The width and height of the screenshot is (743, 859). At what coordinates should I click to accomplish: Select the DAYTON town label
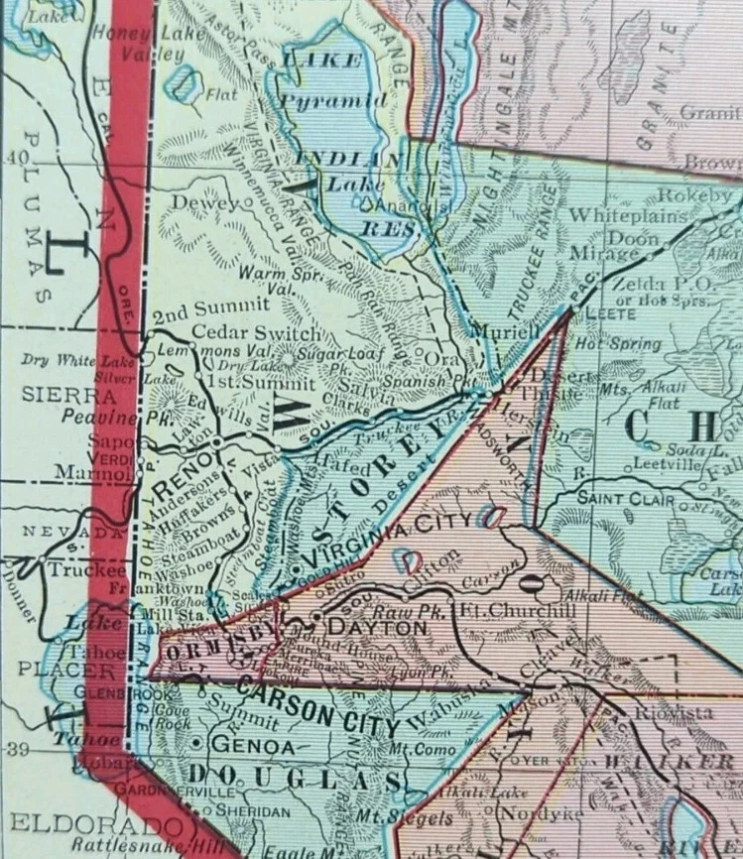(x=363, y=628)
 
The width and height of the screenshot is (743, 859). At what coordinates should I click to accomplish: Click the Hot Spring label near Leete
(x=618, y=345)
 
